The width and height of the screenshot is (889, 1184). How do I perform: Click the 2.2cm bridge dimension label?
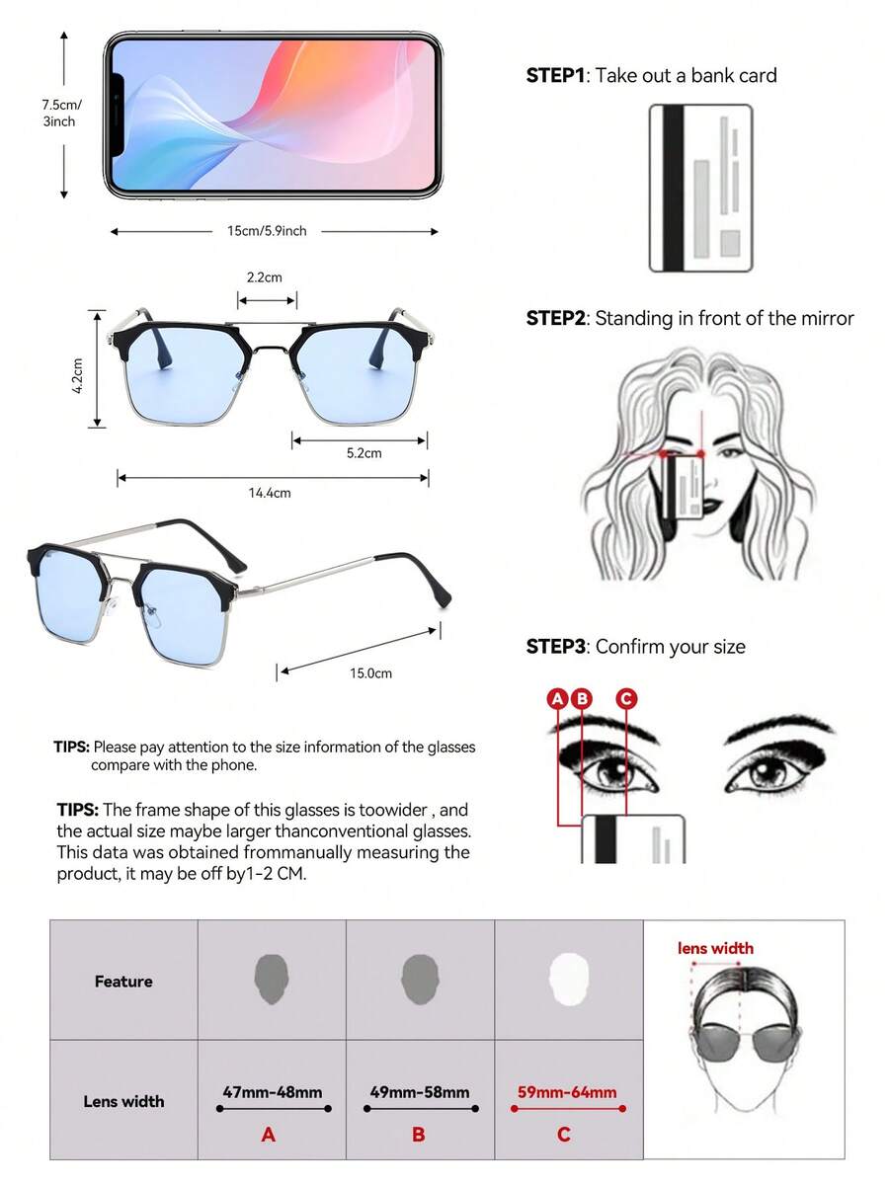coord(265,277)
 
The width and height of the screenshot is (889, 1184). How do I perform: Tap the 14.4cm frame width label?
coord(270,493)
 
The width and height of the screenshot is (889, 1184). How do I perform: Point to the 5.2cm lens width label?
coord(364,453)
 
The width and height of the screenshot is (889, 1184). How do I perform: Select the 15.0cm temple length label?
coord(370,672)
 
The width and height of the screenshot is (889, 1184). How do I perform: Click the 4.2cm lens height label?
coord(77,375)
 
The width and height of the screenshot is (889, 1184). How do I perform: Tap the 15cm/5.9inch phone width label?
coord(267,231)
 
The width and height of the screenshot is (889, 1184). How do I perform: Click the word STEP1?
coord(556,75)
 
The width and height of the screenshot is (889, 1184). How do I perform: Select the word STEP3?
coord(556,647)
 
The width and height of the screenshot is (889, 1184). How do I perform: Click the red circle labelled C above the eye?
coord(626,698)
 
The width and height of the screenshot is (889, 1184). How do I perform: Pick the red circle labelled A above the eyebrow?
coord(557,698)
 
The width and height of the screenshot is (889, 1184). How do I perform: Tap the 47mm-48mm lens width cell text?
coord(273,1092)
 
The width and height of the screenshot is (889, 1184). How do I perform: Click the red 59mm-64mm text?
coord(567,1092)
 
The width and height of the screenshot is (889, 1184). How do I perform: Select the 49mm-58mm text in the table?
coord(420,1092)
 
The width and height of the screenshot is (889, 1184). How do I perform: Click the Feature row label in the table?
coord(123,982)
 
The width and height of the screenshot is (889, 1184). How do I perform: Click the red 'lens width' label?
coord(715,948)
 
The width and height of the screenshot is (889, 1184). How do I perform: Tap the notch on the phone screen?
coord(118,116)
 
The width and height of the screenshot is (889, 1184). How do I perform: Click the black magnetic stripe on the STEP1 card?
coord(673,188)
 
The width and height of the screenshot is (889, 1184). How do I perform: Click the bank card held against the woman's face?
coord(684,488)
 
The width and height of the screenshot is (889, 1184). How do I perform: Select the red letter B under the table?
coord(419,1135)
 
